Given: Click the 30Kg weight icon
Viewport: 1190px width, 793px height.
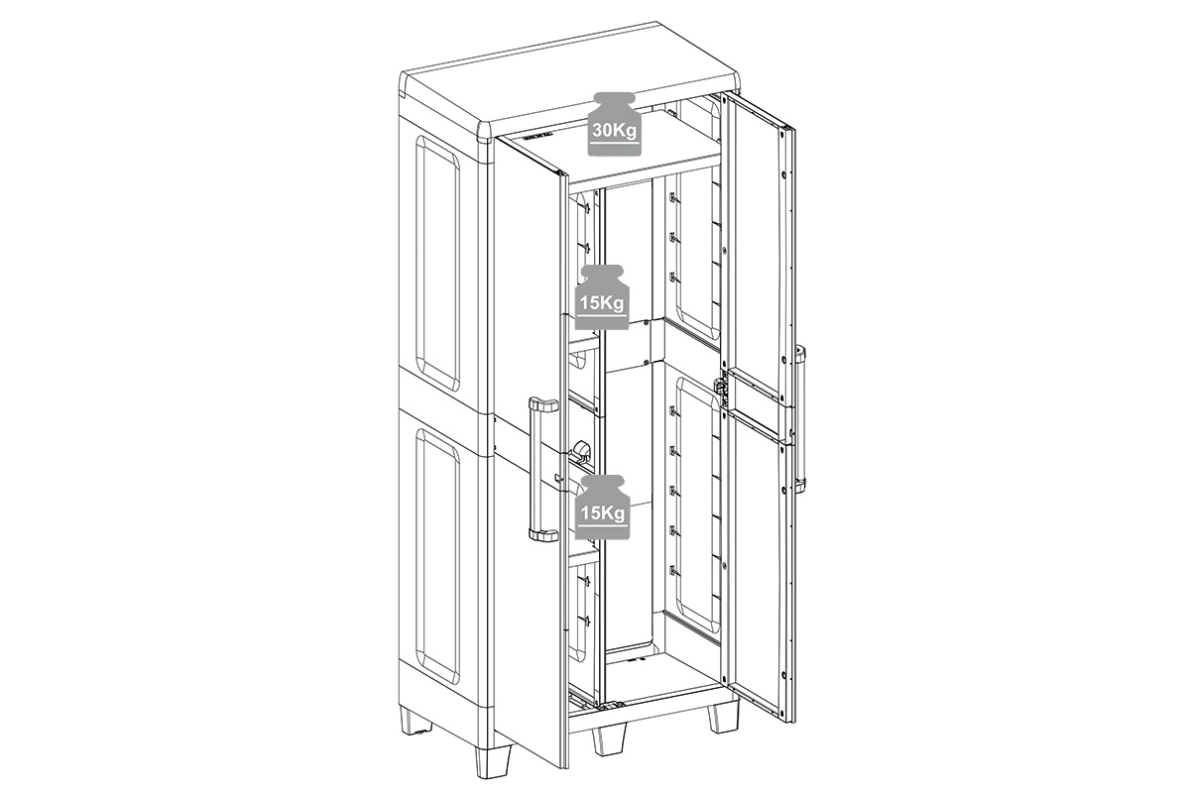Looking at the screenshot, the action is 614,124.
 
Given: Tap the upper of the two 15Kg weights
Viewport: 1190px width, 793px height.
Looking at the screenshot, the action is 602,297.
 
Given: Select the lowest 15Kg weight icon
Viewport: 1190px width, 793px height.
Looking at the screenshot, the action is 602,508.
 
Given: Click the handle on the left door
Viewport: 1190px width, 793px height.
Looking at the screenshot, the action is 539,469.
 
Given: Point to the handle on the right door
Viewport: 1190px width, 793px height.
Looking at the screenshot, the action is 799,417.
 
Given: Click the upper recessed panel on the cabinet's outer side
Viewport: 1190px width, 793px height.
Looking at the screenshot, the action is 437,262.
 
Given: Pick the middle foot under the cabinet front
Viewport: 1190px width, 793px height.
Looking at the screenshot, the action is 609,740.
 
